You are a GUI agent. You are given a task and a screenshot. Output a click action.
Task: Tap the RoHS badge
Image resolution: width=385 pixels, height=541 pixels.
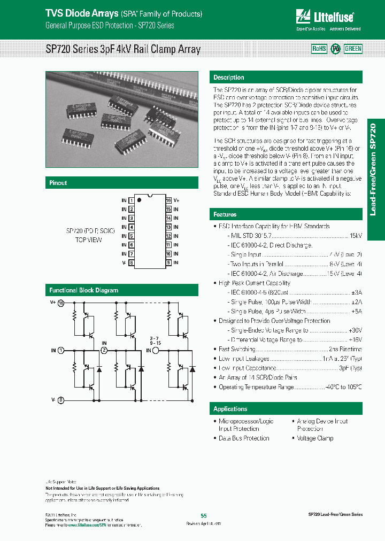coord(319,49)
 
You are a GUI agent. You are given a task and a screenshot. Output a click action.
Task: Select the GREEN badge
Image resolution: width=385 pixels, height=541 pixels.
coord(353,49)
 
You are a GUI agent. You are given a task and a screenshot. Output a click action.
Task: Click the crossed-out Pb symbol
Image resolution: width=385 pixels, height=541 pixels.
coord(336,49)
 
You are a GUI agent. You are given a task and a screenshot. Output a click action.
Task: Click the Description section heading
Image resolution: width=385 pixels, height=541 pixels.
coord(228,78)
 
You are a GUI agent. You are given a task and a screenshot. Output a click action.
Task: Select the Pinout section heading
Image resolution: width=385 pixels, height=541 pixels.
coord(58,183)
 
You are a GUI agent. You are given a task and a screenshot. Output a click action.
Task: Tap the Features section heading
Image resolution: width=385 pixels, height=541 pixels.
coord(225,214)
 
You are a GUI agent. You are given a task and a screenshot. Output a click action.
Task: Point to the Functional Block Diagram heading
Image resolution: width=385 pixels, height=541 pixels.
coord(84,290)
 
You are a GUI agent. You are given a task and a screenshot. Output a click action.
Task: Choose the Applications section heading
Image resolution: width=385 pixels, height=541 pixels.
coord(230,409)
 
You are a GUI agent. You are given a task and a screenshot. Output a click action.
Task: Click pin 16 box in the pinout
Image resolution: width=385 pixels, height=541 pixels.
coord(168,200)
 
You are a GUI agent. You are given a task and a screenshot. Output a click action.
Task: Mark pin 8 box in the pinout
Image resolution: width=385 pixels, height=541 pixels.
coord(131,263)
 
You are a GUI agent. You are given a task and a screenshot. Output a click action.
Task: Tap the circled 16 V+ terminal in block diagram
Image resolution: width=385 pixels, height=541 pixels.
coord(60,302)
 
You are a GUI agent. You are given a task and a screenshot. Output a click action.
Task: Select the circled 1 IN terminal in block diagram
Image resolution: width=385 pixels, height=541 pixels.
coord(60,351)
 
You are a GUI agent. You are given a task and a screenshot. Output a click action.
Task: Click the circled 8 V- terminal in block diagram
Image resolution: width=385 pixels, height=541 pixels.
coord(60,399)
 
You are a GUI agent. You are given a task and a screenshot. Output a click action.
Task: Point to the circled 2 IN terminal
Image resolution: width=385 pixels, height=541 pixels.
coord(104,351)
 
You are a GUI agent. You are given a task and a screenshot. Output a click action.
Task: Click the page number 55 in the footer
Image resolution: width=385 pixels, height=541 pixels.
coord(203,515)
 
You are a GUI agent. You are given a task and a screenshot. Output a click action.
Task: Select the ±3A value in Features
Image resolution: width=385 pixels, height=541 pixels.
coord(356,292)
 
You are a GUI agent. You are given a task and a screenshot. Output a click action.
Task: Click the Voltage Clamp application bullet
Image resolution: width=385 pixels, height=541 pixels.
coord(315,438)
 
